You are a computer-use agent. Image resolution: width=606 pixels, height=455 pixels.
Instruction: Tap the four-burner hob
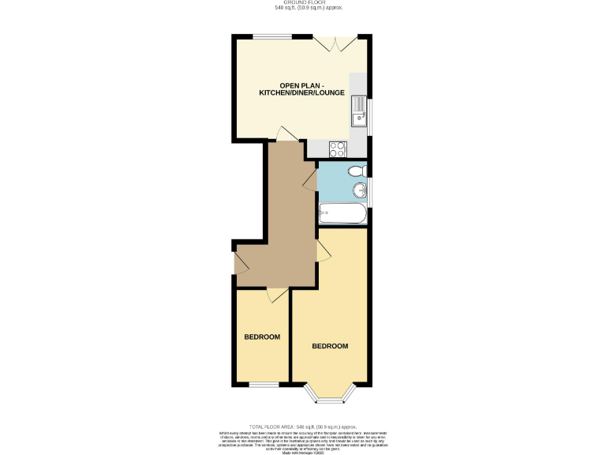pos(337,148)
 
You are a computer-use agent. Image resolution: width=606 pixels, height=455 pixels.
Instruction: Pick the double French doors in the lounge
pos(327,43)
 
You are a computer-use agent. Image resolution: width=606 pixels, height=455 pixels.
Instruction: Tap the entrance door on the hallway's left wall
pos(239,262)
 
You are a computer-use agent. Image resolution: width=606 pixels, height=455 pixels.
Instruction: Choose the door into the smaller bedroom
pos(276,294)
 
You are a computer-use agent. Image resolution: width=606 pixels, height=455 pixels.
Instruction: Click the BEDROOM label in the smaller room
pos(261,337)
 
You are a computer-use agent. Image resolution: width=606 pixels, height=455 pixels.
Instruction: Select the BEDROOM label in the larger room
pos(330,347)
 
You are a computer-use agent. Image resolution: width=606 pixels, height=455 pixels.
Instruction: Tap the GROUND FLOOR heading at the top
pos(302,3)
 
